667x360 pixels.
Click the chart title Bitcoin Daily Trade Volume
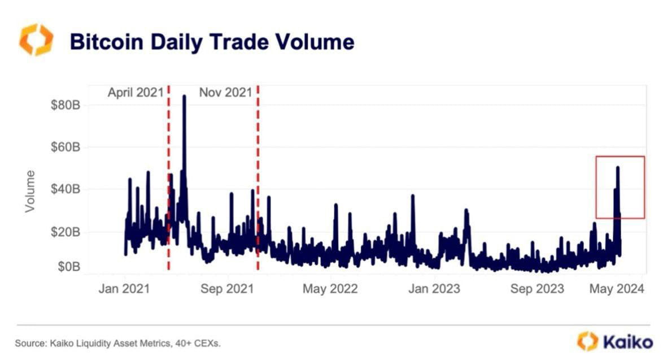[x=212, y=42]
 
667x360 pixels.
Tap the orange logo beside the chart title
[x=36, y=40]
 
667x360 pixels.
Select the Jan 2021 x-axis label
[x=124, y=289]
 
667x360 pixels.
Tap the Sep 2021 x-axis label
[x=226, y=289]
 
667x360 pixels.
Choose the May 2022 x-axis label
[x=330, y=289]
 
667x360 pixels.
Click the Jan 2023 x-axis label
[x=434, y=289]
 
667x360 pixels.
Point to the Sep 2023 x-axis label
[x=537, y=289]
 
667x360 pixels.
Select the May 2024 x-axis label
[x=617, y=289]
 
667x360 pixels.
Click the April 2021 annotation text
[x=136, y=93]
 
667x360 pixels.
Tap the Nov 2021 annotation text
[x=225, y=93]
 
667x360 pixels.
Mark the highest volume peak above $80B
[x=184, y=97]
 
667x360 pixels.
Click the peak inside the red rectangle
[x=618, y=168]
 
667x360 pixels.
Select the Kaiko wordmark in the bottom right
[x=627, y=342]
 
